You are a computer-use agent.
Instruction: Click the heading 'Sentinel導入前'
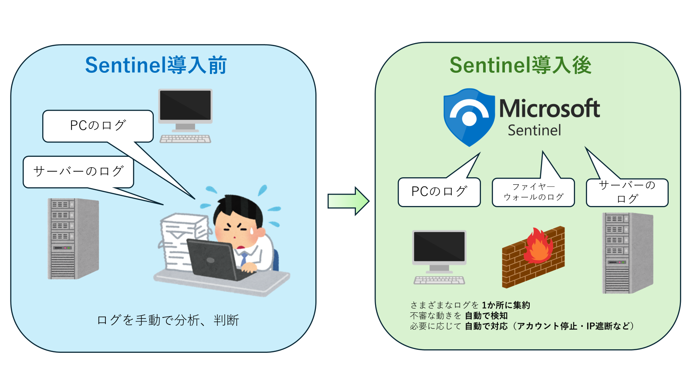(156, 65)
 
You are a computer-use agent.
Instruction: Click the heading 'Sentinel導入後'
(520, 65)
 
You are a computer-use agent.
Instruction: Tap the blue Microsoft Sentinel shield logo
(469, 117)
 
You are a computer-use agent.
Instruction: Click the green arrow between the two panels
(348, 201)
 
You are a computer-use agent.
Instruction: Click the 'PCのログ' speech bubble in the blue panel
(98, 126)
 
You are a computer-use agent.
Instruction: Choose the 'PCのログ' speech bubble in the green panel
(439, 192)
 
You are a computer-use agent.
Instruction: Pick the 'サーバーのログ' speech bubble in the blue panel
(78, 172)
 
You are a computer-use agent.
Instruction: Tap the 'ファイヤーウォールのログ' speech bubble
(533, 192)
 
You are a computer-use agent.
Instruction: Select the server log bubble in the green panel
(627, 192)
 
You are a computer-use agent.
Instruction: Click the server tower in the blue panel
(73, 238)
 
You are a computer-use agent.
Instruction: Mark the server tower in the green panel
(627, 253)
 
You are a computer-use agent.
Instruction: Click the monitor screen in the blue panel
(185, 105)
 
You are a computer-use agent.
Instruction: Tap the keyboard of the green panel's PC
(439, 280)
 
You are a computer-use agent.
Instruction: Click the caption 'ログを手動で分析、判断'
(168, 321)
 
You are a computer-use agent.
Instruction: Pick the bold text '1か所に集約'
(506, 305)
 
